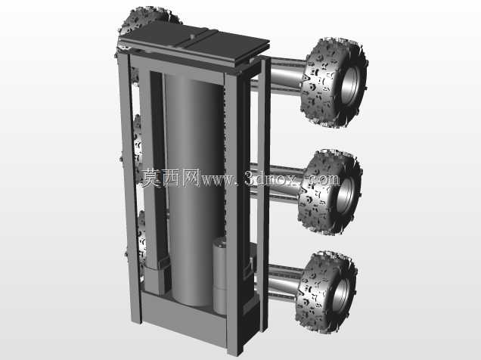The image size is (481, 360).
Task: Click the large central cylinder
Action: click(194, 190)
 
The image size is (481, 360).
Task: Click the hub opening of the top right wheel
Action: click(350, 85)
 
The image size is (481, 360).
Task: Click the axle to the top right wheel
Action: click(285, 75)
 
